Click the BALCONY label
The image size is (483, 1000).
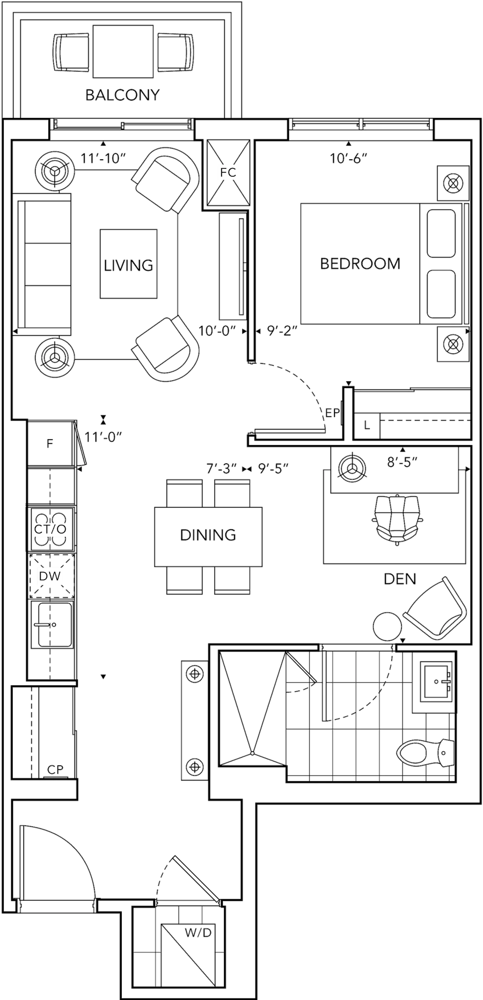coord(123,95)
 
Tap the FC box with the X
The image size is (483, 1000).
coord(228,173)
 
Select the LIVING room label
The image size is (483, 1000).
coord(128,265)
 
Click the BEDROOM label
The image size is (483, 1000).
coord(360,264)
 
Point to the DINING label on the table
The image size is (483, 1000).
coord(209,535)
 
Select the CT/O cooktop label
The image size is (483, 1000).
coord(50,529)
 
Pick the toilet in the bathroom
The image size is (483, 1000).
coord(424,752)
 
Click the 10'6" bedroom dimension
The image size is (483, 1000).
coord(348,158)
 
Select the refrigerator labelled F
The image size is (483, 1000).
coord(49,444)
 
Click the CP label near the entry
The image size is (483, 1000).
coord(55,769)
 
